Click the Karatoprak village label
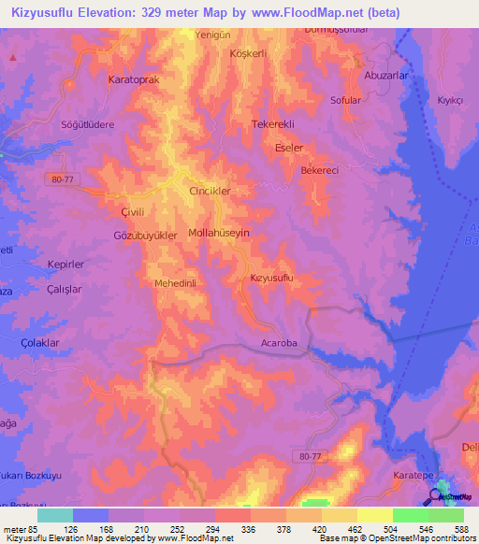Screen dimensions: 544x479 (135, 80)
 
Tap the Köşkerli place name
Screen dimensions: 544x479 (249, 53)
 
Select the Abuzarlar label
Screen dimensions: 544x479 (386, 75)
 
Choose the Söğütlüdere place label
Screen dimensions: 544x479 (87, 124)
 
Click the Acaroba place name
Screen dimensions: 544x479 (278, 344)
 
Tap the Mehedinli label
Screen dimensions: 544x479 (174, 282)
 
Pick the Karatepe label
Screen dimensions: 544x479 (413, 476)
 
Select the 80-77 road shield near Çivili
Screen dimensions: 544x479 (63, 180)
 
